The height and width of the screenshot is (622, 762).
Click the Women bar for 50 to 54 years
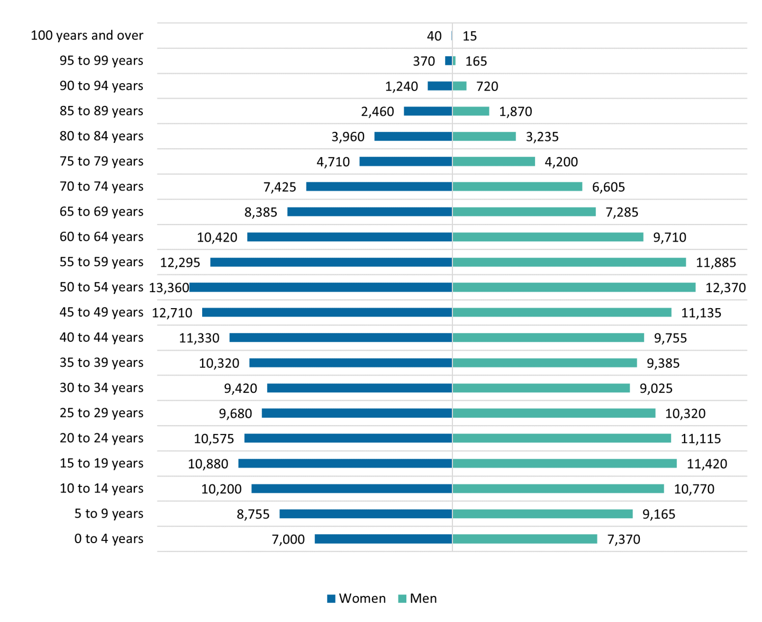click(x=321, y=287)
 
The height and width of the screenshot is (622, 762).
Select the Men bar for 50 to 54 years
click(x=574, y=287)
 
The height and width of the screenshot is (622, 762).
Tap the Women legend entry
click(x=357, y=599)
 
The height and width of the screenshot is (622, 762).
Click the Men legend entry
click(x=418, y=599)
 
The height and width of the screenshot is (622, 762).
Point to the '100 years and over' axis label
click(x=87, y=35)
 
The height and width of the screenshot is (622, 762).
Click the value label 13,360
click(x=169, y=287)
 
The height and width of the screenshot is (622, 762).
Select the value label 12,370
click(x=725, y=287)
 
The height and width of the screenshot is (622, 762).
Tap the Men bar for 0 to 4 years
click(x=525, y=539)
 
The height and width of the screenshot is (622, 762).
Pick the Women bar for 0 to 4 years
click(x=383, y=539)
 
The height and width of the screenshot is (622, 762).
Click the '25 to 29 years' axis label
click(x=101, y=413)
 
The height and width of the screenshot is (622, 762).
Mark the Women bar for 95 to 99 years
click(x=449, y=61)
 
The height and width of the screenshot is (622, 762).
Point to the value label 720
click(x=487, y=86)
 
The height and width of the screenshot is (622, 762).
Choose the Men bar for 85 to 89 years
click(x=471, y=111)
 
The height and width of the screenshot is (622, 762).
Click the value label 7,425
click(x=279, y=187)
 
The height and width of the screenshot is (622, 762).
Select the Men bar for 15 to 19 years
click(x=565, y=464)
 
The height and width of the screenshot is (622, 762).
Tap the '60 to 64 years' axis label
click(x=101, y=237)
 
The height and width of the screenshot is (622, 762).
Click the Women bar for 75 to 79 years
click(x=406, y=161)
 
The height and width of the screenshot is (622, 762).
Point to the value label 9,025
click(x=656, y=388)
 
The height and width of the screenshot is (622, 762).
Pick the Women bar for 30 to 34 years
click(x=360, y=388)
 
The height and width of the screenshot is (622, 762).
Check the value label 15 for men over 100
click(x=469, y=36)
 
